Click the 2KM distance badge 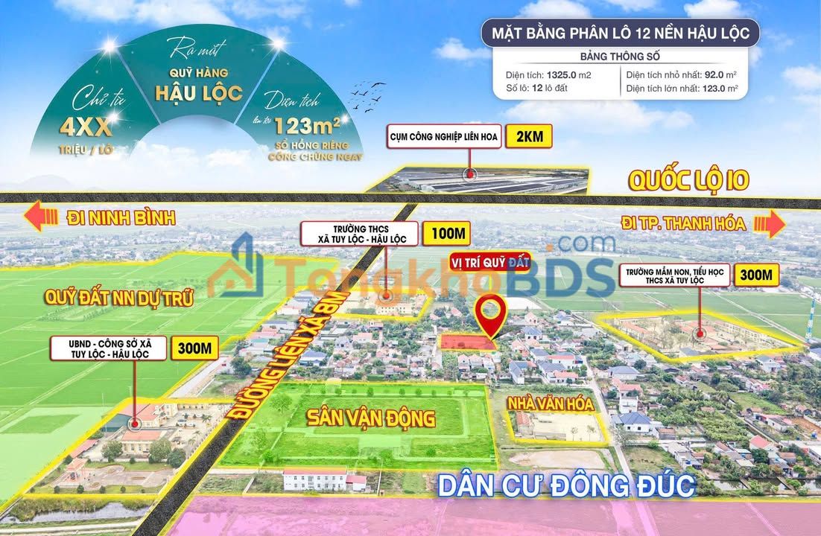[x=528, y=137]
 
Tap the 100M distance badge [x=446, y=233]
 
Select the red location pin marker [x=489, y=316]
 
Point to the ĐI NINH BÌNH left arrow [x=42, y=217]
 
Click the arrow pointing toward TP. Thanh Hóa [x=775, y=223]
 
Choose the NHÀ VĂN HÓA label [x=551, y=404]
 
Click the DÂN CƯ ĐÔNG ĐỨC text [x=566, y=485]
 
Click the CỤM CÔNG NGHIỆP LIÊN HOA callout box [x=443, y=137]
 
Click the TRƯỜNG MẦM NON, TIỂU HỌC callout [x=674, y=275]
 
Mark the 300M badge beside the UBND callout [x=194, y=348]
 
